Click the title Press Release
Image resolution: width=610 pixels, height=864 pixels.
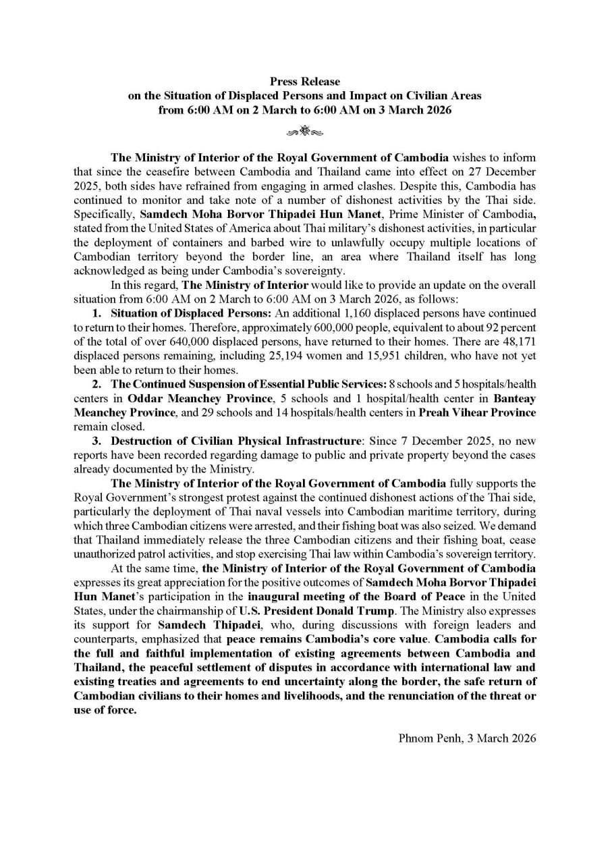pyautogui.click(x=305, y=82)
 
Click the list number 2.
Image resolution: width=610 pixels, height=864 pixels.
pyautogui.click(x=97, y=384)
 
